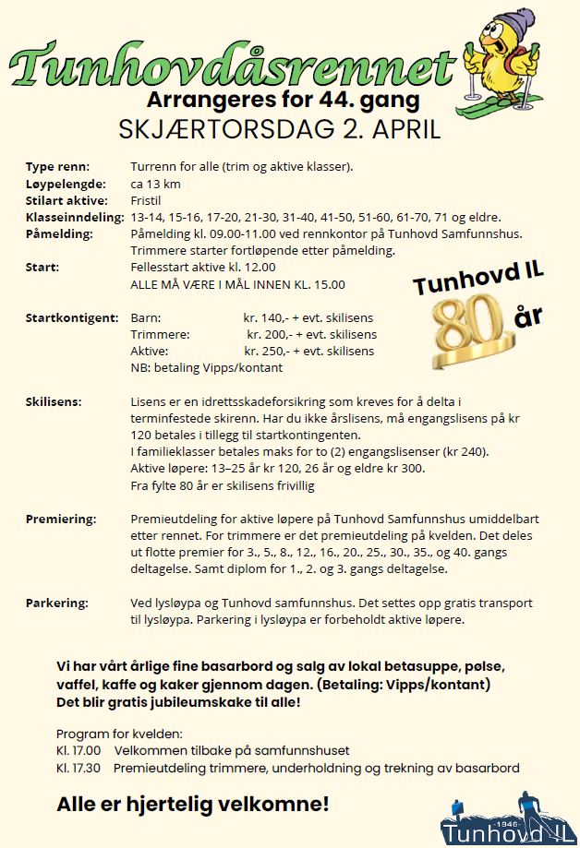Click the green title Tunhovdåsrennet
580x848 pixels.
coord(231,65)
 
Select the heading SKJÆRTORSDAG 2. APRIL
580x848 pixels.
coord(280,128)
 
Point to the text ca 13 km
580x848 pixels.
coord(156,184)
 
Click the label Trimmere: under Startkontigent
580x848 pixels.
coord(161,334)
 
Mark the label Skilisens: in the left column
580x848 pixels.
coord(54,401)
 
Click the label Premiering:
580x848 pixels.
coord(60,519)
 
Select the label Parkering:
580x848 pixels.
coord(57,603)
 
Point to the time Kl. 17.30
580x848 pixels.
coord(79,768)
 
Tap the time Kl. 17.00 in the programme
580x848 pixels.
coord(79,751)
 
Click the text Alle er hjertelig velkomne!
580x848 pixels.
coord(192,804)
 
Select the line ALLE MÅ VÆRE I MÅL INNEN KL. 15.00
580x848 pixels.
coord(238,284)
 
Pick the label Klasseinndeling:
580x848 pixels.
coord(75,217)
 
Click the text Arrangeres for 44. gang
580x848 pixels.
coord(283,99)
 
